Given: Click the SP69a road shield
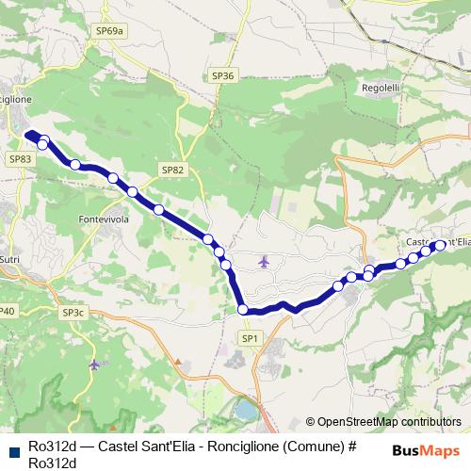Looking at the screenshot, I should coord(109,31).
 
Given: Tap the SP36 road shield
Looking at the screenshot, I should coord(222,74).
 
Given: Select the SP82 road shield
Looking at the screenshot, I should coord(171,170).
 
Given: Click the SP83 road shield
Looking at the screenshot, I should coord(21,160).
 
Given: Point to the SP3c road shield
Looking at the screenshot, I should coord(73,312).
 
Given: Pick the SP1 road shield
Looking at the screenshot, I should coord(250,337).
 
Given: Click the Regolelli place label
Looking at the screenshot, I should coord(382,88).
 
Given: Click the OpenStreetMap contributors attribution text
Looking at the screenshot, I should coord(389,422).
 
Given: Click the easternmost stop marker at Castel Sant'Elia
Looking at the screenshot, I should coord(440,245).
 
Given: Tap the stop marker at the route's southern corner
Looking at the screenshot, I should coord(243,309).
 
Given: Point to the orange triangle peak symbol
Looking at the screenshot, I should coord(177,360).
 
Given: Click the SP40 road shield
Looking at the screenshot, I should coord(7,311).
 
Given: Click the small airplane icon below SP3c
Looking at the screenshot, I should coord(93,364).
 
